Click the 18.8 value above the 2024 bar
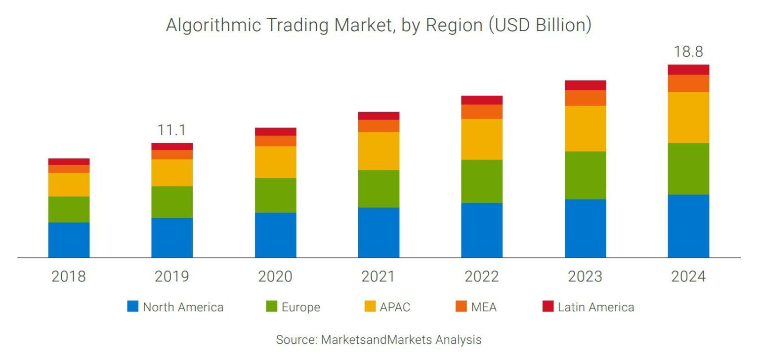coord(688,52)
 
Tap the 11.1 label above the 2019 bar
coord(171,130)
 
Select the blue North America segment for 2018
coord(69,240)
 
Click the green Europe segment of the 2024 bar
coord(688,168)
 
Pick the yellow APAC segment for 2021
coord(379,151)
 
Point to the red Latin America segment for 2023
coord(585,85)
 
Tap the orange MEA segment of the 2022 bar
coord(482,112)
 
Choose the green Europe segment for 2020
coord(275,195)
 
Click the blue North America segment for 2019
coord(172,238)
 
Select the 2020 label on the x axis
coord(275,277)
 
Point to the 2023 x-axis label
coord(585,277)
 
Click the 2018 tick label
coord(69,277)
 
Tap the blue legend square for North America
coord(133,307)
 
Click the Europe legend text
coord(301,307)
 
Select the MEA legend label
coord(483,307)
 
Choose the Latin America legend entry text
coord(595,307)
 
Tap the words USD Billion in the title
coord(540,25)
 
